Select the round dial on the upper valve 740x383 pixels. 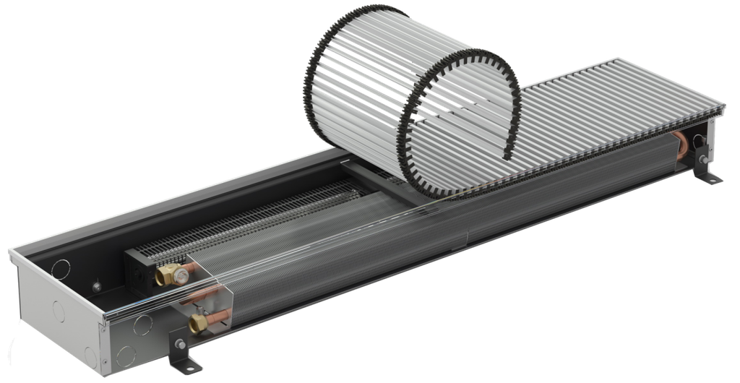[186, 272]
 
